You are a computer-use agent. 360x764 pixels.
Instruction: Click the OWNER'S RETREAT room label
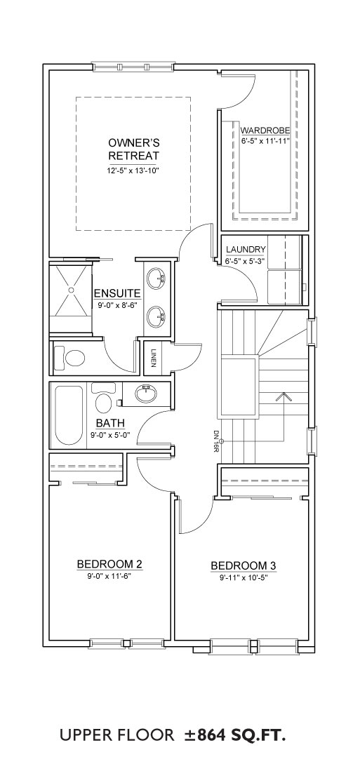[x=133, y=149]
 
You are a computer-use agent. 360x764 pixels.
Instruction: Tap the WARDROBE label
[x=265, y=130]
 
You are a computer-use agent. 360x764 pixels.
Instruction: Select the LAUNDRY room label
[x=246, y=250]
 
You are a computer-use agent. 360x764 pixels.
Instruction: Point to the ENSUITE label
[x=117, y=293]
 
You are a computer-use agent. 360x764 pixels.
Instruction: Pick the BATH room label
[x=110, y=422]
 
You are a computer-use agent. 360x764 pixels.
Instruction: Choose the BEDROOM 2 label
[x=109, y=564]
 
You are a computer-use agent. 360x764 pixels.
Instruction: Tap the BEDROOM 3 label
[x=244, y=565]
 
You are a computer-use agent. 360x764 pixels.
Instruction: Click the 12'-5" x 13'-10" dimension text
[x=134, y=170]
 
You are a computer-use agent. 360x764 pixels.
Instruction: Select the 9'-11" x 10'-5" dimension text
[x=244, y=578]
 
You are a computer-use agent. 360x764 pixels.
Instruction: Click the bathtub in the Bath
[x=68, y=415]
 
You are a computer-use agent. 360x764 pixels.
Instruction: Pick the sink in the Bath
[x=146, y=393]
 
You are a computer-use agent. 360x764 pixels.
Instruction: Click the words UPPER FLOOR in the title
[x=117, y=735]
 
